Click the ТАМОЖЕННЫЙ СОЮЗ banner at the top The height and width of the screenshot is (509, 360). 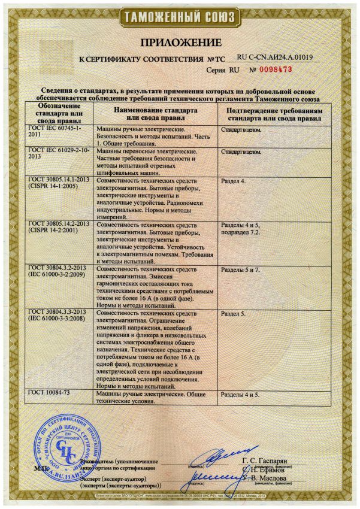click(x=180, y=14)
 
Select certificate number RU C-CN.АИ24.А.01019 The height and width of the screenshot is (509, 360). click(x=276, y=57)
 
